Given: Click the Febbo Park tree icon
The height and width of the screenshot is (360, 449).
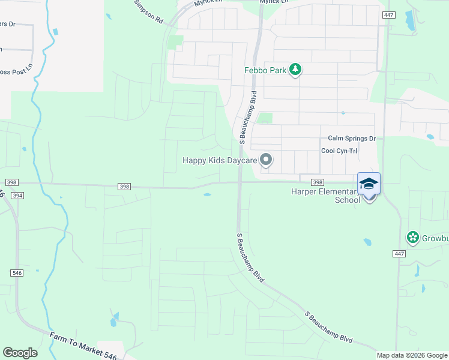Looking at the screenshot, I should coord(295,70).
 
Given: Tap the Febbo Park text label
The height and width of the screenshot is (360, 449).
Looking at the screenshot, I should coord(265,70).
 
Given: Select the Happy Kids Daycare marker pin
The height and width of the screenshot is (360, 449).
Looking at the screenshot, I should coord(266,160).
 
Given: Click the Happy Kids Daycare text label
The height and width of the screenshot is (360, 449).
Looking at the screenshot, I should coord(220,160).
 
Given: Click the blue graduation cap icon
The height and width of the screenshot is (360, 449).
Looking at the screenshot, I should coord(369,184).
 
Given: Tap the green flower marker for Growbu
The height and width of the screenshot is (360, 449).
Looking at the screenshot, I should coord(412,238).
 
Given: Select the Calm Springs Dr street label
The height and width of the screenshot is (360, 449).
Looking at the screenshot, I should coord(351,139).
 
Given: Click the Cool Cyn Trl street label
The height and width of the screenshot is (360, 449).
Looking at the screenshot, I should coord(339,151).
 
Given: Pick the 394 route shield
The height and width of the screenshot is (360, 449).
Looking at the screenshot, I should coord(17,196).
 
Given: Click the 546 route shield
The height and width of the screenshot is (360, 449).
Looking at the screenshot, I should coord(17,273).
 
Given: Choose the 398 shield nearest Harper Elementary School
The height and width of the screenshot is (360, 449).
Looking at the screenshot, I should coord(318,182).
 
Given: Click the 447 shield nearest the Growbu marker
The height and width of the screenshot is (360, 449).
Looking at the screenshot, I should coord(399,254).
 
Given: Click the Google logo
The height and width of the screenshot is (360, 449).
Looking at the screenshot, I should coord(20,352).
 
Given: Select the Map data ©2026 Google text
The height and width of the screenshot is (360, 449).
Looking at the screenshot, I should coord(412,355).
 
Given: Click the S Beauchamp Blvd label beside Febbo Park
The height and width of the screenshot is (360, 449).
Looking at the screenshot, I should coord(244,118).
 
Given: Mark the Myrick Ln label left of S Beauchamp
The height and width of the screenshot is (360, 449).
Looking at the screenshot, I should coord(207,3).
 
